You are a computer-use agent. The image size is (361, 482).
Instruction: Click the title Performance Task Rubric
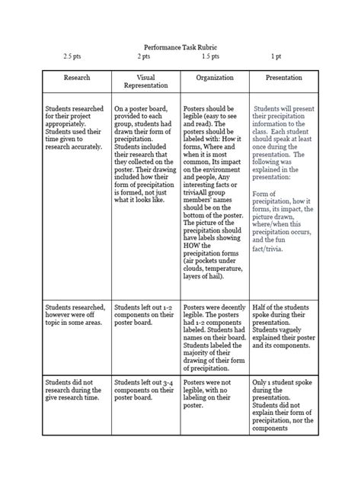pyautogui.click(x=180, y=46)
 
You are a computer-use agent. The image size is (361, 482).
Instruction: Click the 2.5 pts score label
pyautogui.click(x=73, y=56)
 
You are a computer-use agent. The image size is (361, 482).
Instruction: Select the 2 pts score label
pyautogui.click(x=143, y=56)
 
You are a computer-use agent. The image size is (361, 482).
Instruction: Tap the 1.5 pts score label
pyautogui.click(x=210, y=56)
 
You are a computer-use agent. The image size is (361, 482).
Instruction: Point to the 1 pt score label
pyautogui.click(x=275, y=56)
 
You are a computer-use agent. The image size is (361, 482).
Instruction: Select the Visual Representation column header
pyautogui.click(x=145, y=82)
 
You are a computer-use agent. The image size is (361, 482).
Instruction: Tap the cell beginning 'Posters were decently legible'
pyautogui.click(x=214, y=330)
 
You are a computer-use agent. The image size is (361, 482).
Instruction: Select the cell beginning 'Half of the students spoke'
pyautogui.click(x=283, y=321)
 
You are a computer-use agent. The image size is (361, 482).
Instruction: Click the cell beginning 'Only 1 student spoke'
pyautogui.click(x=283, y=405)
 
